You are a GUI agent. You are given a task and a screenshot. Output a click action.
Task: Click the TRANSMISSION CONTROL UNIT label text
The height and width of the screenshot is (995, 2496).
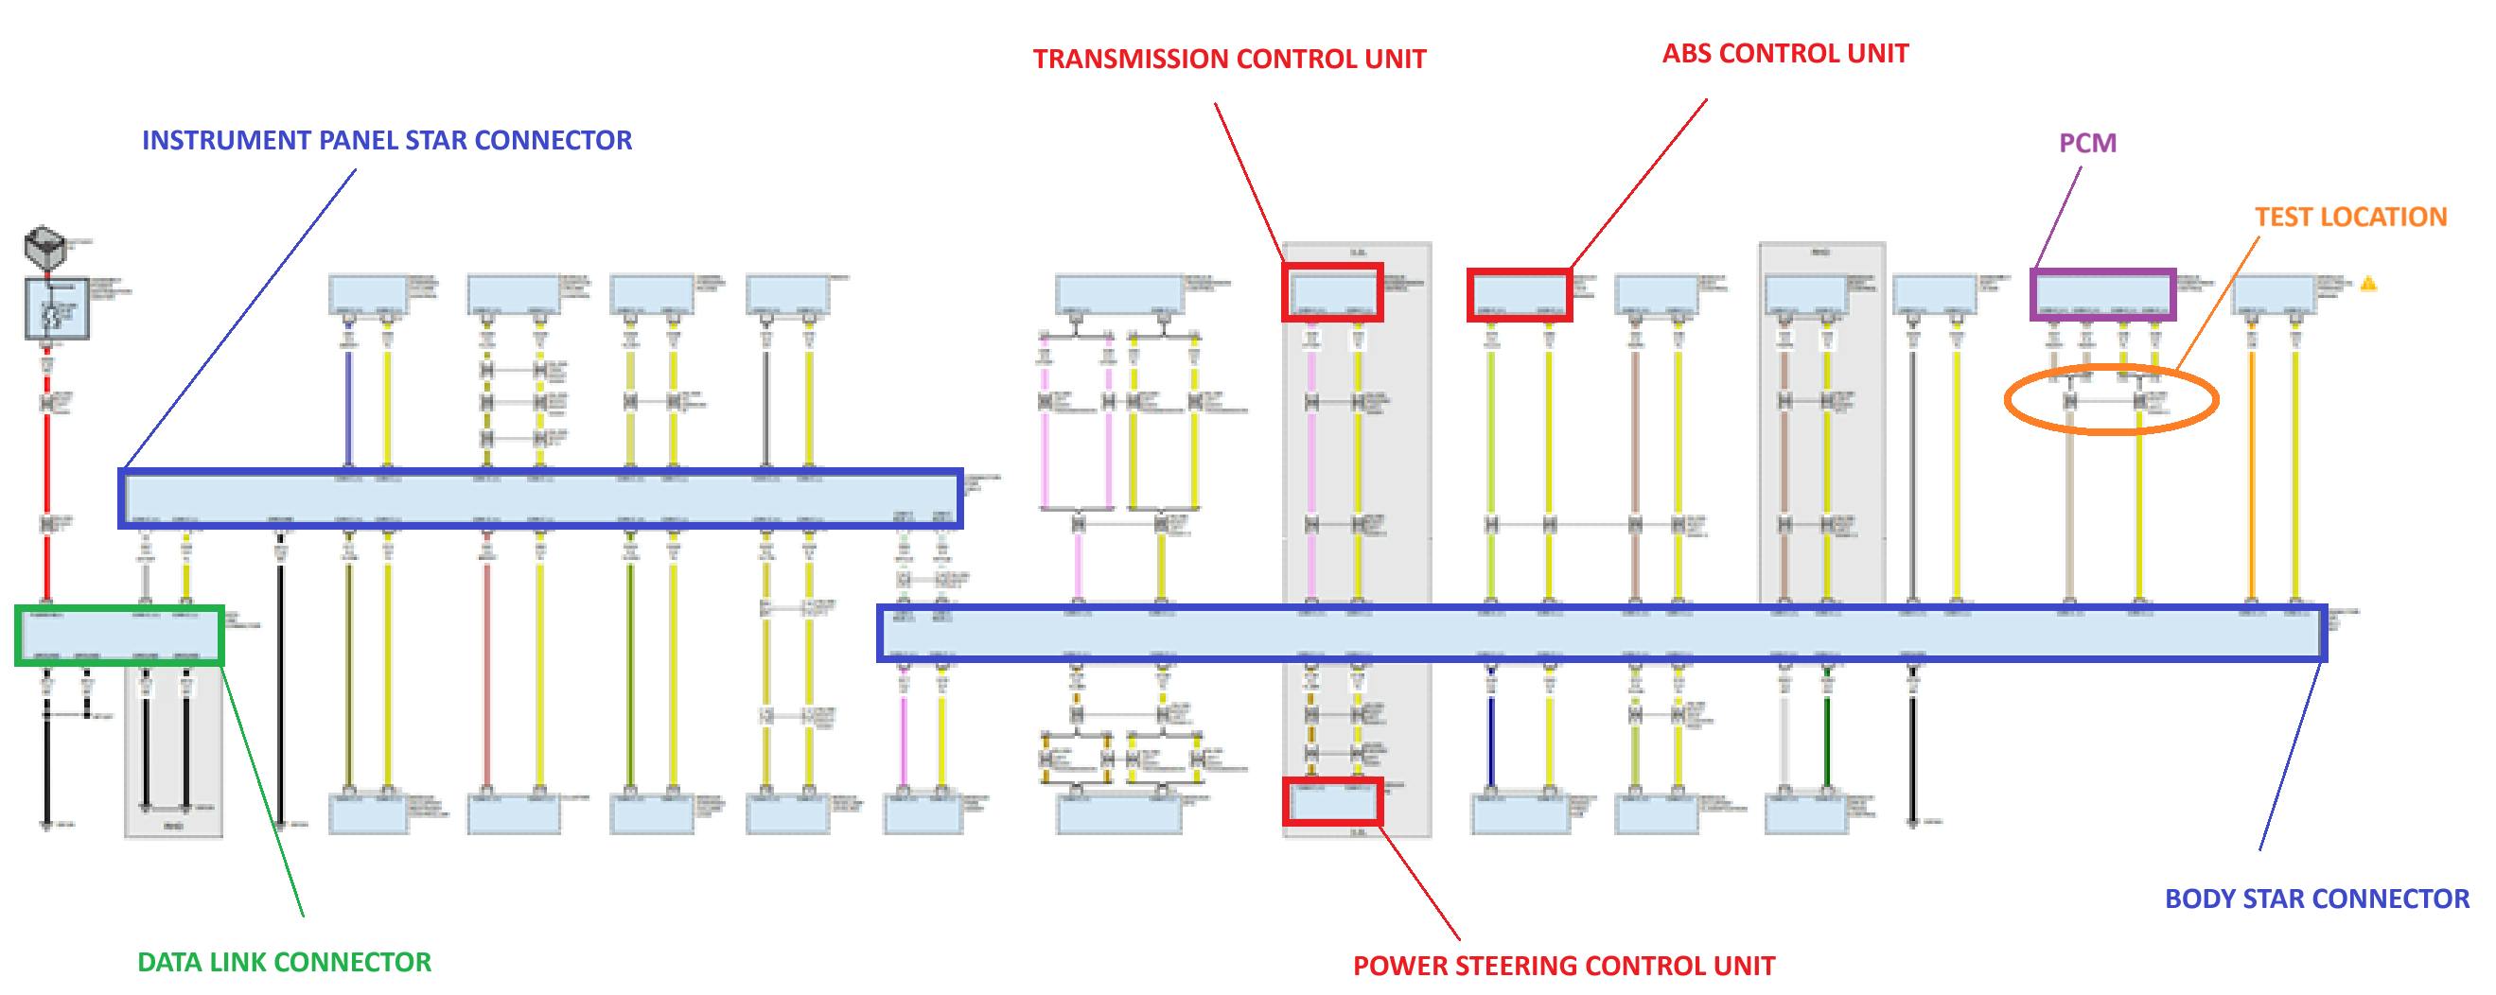(1229, 59)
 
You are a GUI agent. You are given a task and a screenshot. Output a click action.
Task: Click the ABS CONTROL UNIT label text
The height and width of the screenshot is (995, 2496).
(1784, 53)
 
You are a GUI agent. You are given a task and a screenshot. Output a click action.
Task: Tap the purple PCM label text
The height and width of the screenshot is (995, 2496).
(2087, 144)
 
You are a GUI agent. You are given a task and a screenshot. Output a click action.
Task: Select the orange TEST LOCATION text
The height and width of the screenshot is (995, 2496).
(2349, 217)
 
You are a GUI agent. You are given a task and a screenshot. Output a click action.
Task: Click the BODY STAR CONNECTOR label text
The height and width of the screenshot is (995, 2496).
(2316, 899)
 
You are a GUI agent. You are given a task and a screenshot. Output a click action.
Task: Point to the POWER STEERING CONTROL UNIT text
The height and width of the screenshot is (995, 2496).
(1563, 966)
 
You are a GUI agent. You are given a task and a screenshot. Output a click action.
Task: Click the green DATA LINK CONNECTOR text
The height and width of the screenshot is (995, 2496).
(284, 962)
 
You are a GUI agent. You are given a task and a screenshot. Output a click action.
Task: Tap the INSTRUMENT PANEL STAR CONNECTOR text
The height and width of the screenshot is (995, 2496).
(387, 141)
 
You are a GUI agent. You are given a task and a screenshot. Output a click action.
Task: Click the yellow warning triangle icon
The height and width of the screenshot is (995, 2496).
(2368, 284)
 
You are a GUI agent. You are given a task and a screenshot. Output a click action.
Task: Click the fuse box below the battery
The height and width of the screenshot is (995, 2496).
(56, 309)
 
